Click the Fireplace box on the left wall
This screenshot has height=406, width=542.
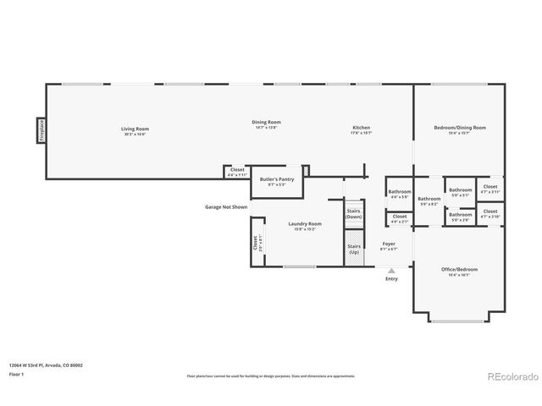click(40, 131)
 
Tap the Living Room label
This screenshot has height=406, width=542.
click(135, 130)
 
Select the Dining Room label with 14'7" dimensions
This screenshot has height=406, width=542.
click(266, 124)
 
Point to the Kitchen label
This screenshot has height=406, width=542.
click(361, 130)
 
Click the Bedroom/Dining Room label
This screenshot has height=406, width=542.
click(459, 129)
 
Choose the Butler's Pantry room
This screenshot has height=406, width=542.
click(276, 181)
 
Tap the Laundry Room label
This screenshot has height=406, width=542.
click(305, 226)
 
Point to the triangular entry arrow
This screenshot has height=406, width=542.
click(391, 271)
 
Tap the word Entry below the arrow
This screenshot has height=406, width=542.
click(391, 278)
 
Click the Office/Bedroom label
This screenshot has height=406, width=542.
click(459, 271)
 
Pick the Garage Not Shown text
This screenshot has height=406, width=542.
click(226, 206)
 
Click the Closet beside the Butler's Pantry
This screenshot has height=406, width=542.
click(237, 172)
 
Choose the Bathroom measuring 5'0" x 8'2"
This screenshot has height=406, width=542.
click(429, 201)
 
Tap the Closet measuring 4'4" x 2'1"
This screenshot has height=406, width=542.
click(399, 218)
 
